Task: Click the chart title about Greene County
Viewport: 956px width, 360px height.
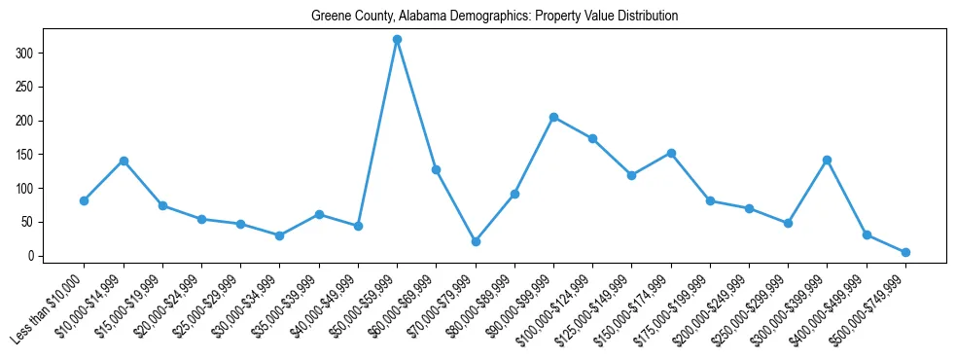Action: click(x=494, y=17)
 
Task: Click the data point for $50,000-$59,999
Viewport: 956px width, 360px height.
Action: click(x=397, y=40)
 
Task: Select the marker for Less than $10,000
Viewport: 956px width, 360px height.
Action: click(x=84, y=200)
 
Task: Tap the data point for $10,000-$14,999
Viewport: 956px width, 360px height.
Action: click(x=124, y=161)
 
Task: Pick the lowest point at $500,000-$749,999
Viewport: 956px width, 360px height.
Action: click(x=905, y=252)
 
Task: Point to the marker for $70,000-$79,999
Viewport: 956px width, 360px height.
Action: click(x=476, y=241)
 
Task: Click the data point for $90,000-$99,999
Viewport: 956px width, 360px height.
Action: click(x=553, y=117)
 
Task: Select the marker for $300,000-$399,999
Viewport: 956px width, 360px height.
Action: click(x=827, y=160)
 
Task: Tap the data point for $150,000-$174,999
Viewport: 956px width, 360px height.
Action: click(x=671, y=153)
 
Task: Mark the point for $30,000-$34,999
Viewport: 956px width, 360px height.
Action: click(x=279, y=235)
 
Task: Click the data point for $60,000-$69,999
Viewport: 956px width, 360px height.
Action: click(x=436, y=169)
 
